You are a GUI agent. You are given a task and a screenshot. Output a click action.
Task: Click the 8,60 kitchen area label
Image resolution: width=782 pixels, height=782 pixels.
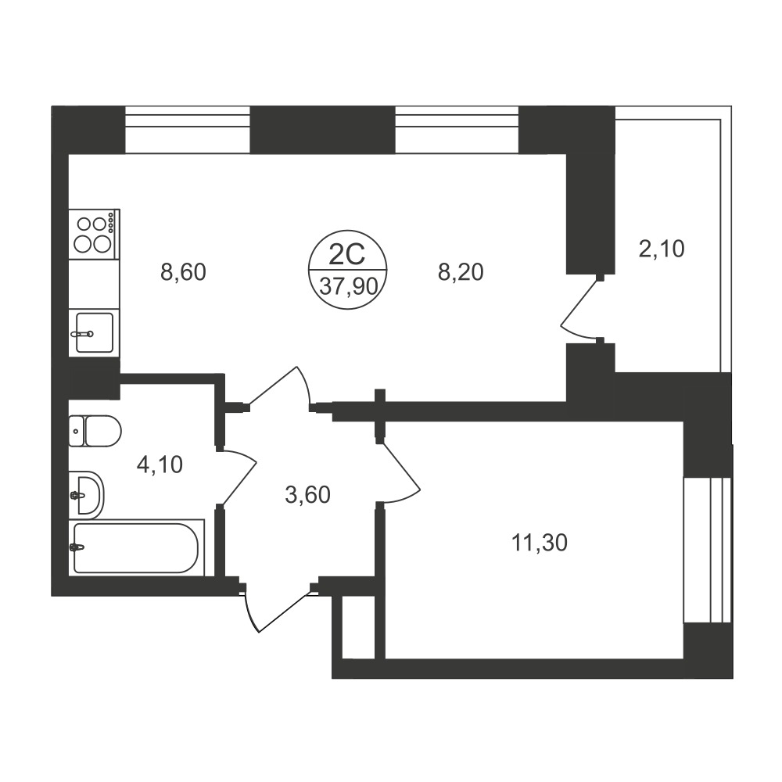[x=183, y=273]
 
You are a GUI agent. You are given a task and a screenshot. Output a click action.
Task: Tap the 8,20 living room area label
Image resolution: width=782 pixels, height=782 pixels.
[x=461, y=273]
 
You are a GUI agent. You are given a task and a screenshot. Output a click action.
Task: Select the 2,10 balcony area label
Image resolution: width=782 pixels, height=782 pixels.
[x=662, y=249]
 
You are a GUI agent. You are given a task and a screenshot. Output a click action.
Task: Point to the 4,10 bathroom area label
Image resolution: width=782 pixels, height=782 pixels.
[x=160, y=465]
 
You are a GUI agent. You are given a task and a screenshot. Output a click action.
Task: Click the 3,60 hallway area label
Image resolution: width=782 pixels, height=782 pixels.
[x=307, y=495]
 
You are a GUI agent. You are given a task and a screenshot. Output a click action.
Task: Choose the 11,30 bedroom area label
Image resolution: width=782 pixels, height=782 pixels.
[x=540, y=543]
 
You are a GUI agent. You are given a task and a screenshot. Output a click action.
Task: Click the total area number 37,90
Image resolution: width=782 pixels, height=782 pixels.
[x=348, y=287]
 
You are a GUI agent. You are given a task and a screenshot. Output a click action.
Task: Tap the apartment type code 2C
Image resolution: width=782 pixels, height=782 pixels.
[x=348, y=255]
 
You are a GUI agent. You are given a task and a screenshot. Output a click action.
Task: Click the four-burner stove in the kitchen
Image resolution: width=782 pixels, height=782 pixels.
[x=95, y=234]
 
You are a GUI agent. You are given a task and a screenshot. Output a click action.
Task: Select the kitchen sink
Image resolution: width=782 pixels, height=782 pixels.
[x=95, y=332]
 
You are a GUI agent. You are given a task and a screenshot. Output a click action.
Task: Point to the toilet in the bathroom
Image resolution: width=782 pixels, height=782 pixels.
[x=95, y=431]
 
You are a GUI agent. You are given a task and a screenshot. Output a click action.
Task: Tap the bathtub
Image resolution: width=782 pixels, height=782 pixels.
[x=136, y=547]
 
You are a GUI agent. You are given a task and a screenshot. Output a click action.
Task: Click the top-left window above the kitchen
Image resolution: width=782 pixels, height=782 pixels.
[x=187, y=129]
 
